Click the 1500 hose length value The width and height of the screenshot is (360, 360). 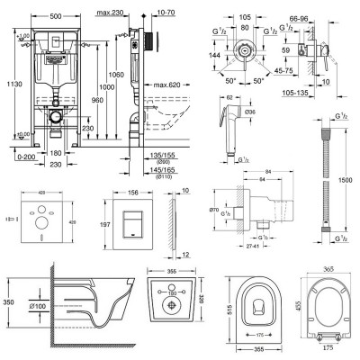coord(346,180)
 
